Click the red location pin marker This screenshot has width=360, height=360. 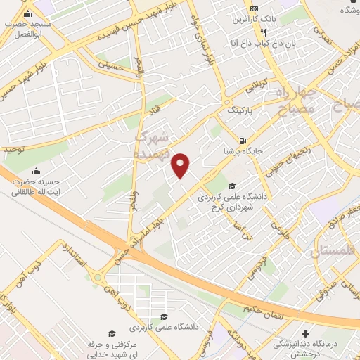point(181,164)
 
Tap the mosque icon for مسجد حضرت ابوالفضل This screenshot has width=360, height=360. point(27,15)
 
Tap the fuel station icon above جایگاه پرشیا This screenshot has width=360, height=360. point(243,140)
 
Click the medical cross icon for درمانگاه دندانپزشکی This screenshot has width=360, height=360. point(304,333)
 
